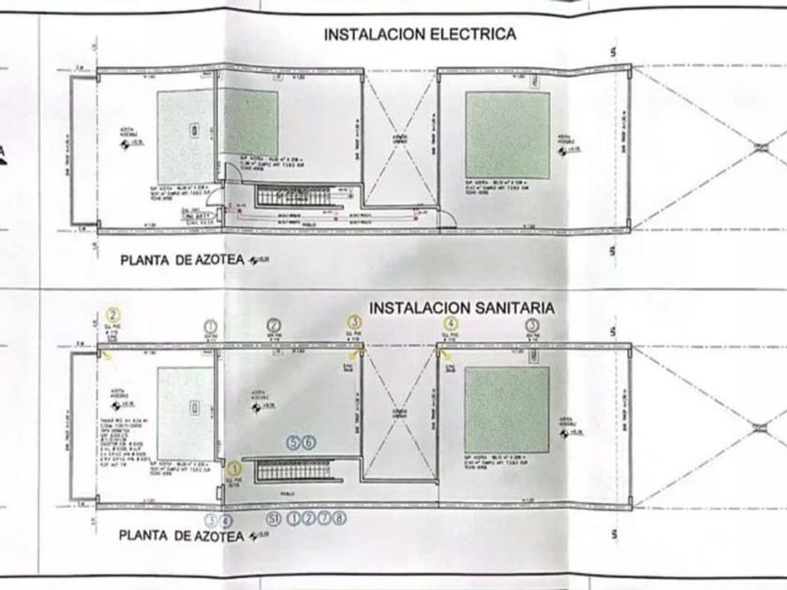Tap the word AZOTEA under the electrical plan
208,262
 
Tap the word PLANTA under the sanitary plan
147,536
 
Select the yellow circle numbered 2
112,315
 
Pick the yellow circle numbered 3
353,323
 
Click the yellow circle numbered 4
450,323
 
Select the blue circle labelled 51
275,516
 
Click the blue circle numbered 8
339,516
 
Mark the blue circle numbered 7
323,516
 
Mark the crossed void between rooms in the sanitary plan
400,412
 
